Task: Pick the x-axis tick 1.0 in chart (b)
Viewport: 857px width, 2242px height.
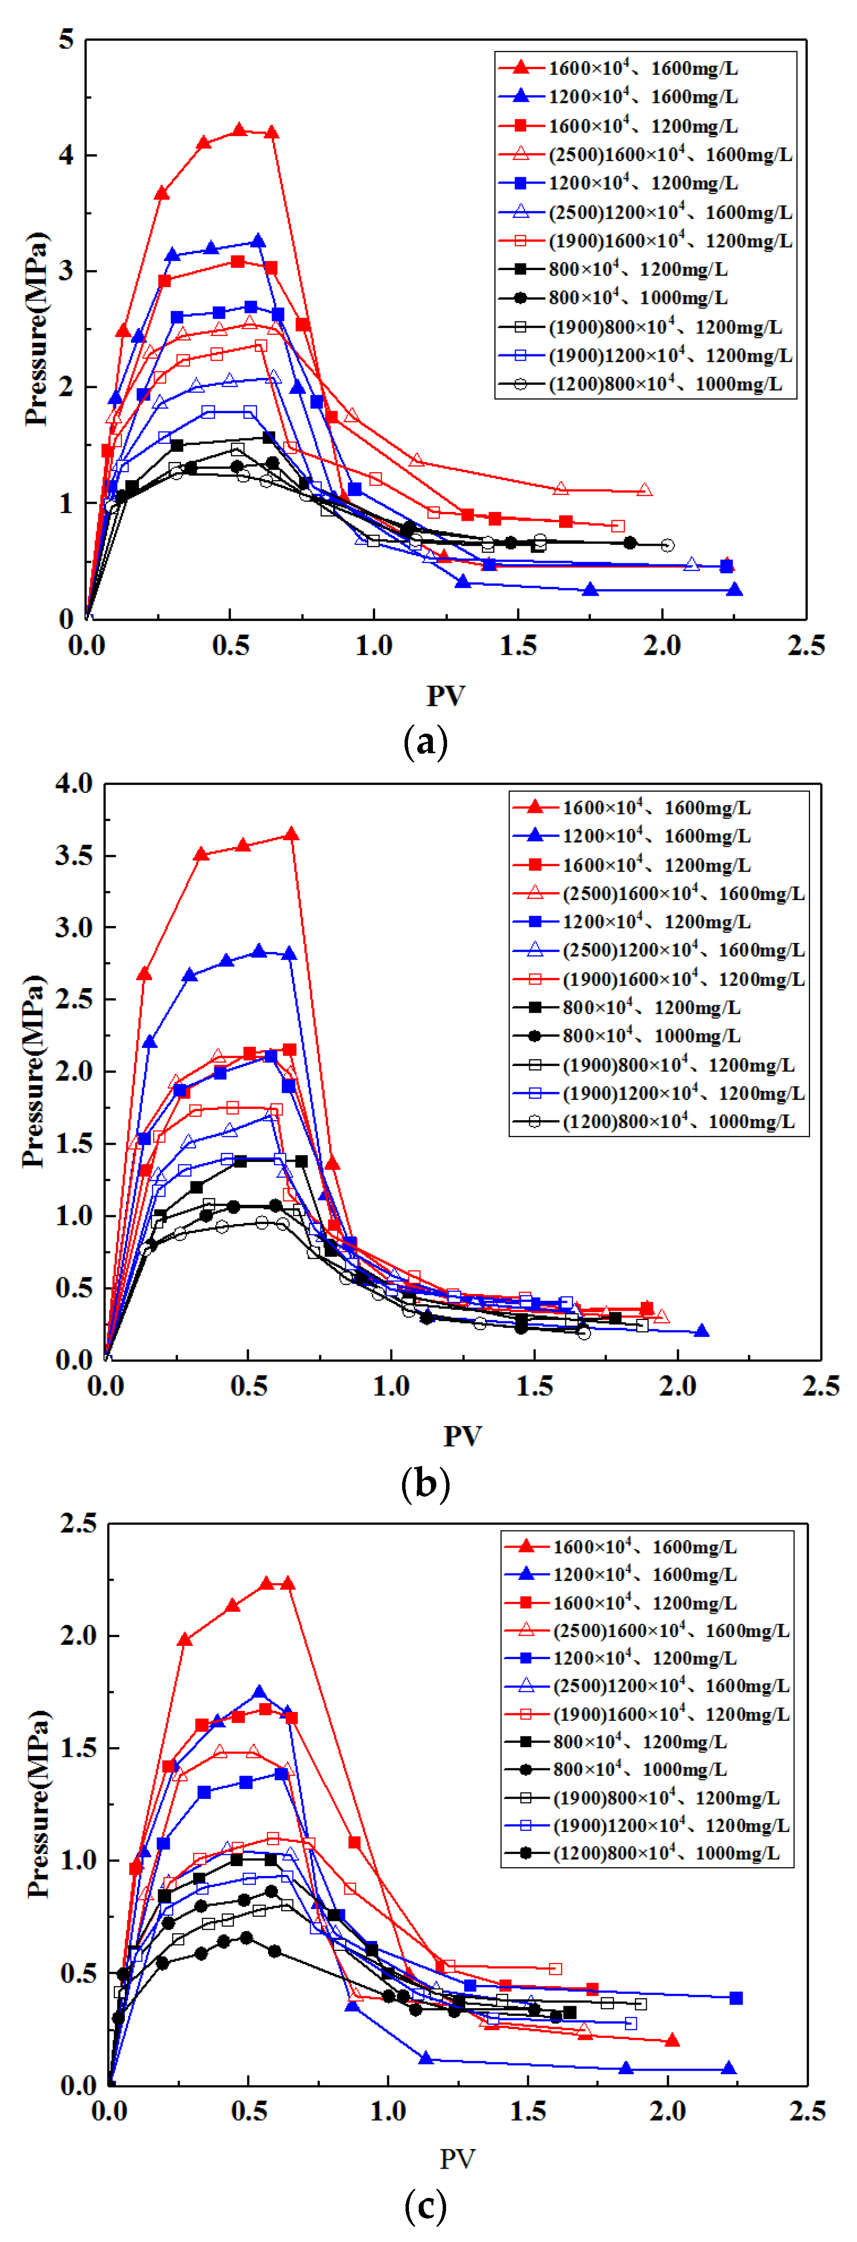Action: (391, 1386)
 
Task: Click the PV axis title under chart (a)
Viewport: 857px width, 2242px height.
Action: (446, 695)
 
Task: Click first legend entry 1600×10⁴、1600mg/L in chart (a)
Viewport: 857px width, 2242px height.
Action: (643, 68)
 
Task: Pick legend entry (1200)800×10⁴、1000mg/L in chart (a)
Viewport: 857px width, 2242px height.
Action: (665, 384)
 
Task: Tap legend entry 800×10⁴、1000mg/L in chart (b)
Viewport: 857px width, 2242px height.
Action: (651, 1036)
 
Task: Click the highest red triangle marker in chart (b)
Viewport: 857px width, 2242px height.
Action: (292, 834)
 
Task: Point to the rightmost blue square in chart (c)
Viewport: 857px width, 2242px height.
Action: (736, 1997)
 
